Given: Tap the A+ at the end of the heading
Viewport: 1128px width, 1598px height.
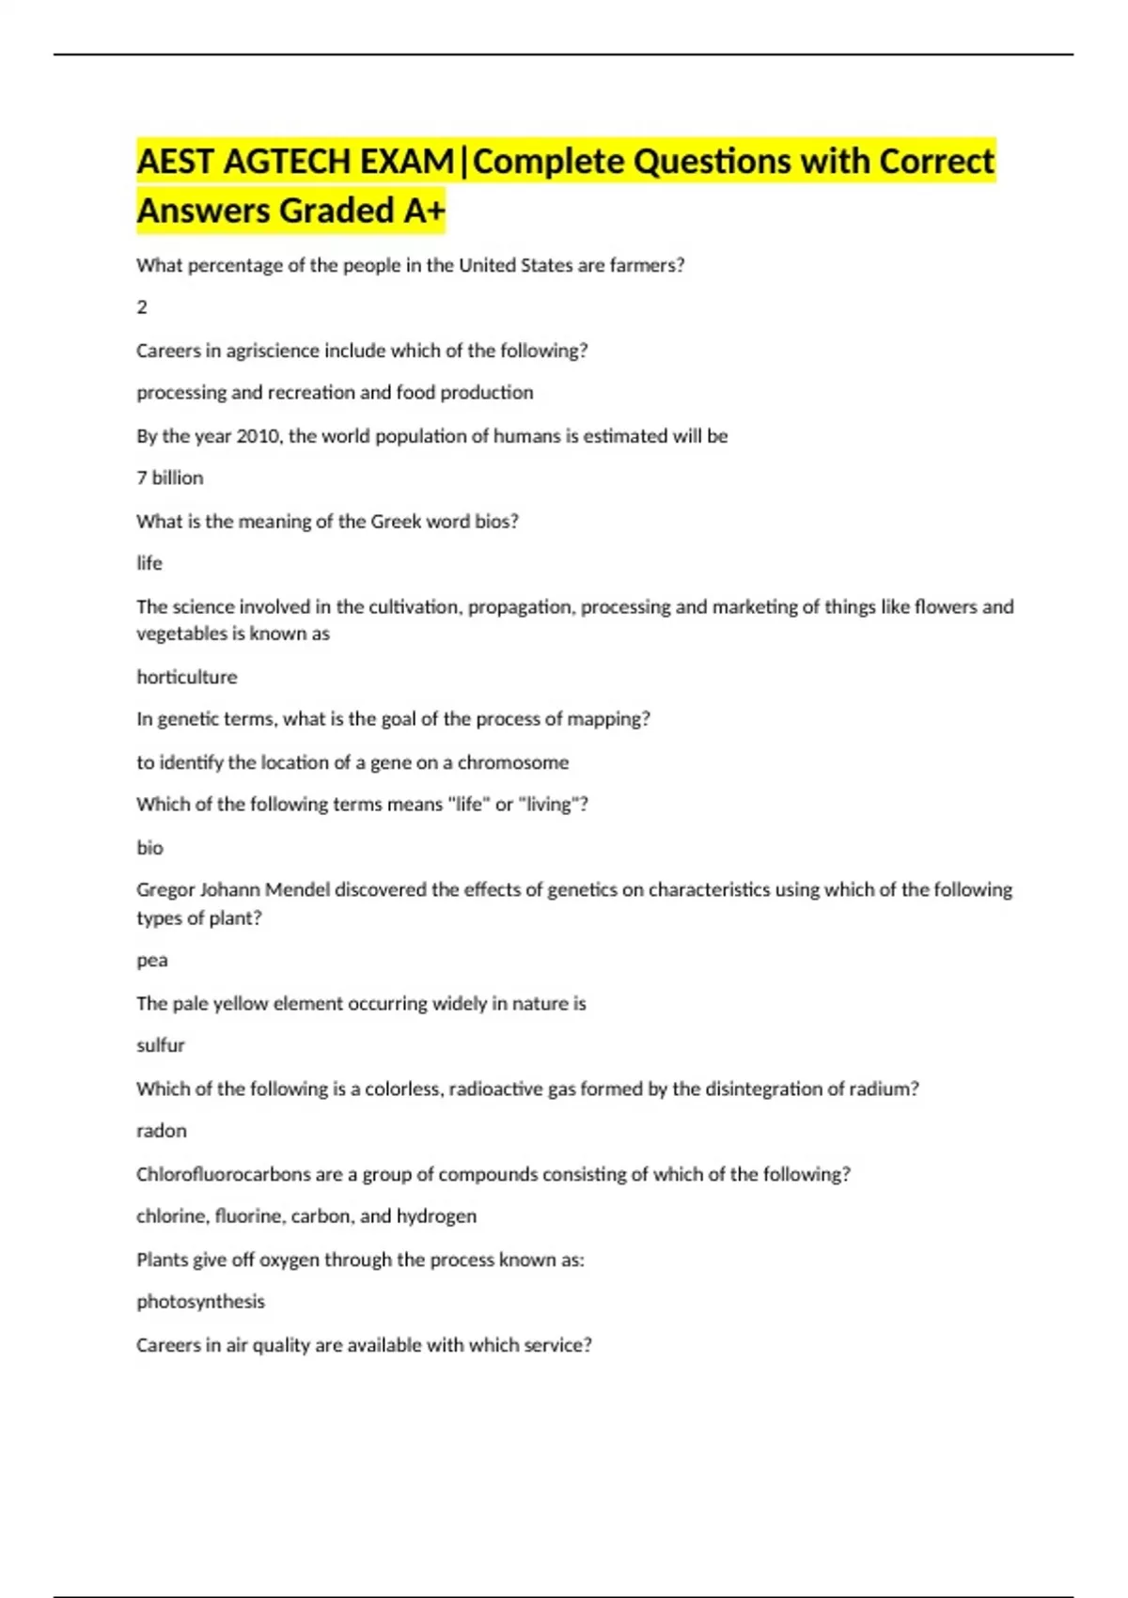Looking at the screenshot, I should [423, 211].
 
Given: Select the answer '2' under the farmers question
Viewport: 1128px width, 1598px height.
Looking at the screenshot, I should [142, 307].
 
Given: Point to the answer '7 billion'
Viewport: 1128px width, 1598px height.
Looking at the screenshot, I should [169, 478].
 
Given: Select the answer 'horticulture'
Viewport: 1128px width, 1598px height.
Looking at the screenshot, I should [186, 677].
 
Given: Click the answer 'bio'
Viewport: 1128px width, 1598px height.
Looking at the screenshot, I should [149, 848].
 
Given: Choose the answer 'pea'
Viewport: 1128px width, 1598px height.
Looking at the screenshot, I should [151, 961].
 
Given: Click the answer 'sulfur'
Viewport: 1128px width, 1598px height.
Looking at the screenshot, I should [160, 1045].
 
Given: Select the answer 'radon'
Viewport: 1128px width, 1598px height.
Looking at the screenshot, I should [161, 1131].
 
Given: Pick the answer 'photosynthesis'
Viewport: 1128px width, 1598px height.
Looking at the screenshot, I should [200, 1302].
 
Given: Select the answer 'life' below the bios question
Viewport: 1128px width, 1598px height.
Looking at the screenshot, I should [149, 563].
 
